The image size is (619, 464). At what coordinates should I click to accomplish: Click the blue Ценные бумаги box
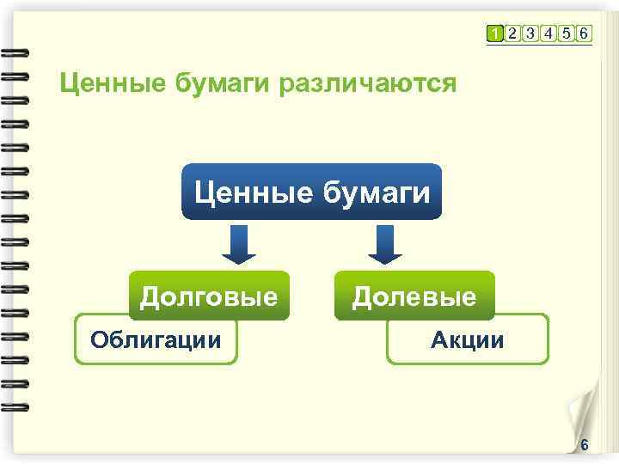point(312,191)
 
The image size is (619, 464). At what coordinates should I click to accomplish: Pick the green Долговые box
point(209,296)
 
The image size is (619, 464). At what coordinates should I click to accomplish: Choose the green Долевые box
point(414,296)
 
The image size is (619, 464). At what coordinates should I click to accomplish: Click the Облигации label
point(156,339)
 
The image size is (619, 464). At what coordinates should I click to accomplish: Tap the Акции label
point(467,340)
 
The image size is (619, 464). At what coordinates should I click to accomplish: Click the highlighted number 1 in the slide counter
point(494,34)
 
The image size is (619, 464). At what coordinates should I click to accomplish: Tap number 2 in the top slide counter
point(512,34)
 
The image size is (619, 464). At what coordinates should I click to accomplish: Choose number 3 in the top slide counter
point(530,34)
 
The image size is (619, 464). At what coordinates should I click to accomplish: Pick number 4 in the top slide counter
point(549,34)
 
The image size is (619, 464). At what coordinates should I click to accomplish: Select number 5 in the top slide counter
point(566,34)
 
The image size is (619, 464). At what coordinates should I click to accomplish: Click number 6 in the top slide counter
point(584,34)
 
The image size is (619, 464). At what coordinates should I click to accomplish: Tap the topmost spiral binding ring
point(15,53)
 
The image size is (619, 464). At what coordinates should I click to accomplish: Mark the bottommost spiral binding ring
point(15,404)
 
